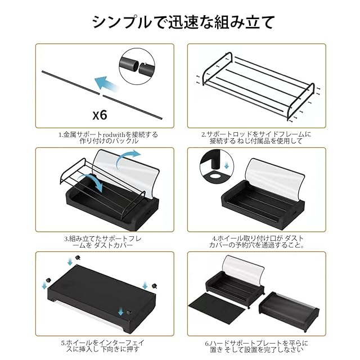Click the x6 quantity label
100,115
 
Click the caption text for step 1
108,138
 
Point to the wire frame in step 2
256,84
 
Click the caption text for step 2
256,138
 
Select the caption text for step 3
108,241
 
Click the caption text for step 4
256,241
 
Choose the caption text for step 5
108,345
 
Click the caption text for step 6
256,345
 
